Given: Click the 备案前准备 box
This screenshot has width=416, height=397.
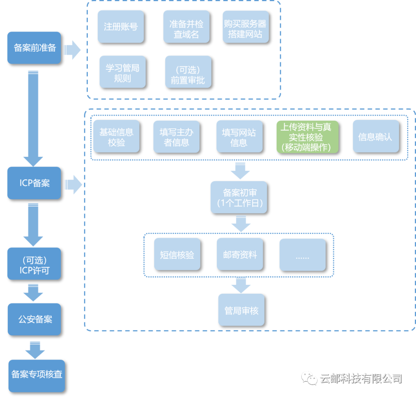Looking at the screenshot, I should point(34,48).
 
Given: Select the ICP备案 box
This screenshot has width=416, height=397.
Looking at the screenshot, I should point(34,183).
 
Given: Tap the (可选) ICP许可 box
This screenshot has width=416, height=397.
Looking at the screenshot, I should point(34,264).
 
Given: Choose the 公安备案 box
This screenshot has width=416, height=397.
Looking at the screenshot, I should point(34,319).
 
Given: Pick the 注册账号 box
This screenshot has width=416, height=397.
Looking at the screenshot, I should point(121,27).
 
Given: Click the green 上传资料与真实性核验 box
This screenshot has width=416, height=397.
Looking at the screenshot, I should point(307,137).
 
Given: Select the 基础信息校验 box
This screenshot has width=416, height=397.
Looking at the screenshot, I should point(116,136).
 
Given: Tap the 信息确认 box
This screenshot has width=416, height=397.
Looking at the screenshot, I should point(376,136).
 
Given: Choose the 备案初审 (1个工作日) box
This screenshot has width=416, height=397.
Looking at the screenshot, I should point(238,197).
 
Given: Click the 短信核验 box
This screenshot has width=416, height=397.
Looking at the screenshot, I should point(177,254).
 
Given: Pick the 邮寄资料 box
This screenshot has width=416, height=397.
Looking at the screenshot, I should point(240,254).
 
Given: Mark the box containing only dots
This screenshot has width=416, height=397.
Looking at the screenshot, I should point(302,254).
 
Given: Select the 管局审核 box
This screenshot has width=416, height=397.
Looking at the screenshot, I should point(241,310).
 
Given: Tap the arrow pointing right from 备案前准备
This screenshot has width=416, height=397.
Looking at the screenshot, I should point(72,50).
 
